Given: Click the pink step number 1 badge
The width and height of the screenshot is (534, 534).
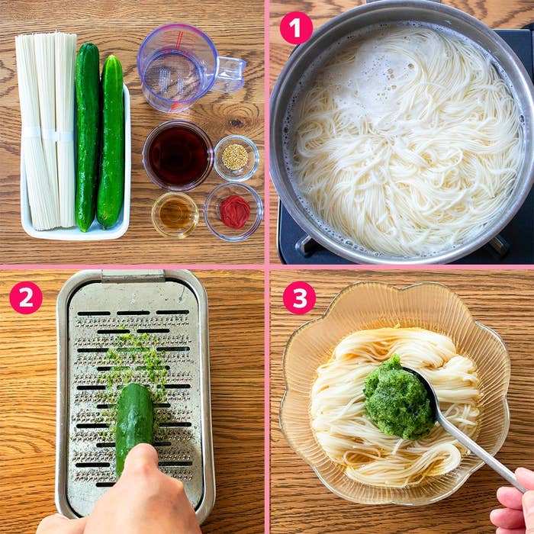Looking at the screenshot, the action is [296, 28].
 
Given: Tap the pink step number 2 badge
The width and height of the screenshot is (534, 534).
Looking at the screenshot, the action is [26, 298].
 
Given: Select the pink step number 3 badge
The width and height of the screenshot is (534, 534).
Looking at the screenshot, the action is [299, 298].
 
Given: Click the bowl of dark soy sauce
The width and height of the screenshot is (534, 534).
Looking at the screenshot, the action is [178, 156].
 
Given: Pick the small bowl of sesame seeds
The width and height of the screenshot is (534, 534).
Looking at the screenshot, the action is [236, 158].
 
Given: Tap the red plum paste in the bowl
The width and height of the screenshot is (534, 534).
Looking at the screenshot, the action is [235, 211].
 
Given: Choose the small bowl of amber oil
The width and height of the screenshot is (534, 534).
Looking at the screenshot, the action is [175, 215].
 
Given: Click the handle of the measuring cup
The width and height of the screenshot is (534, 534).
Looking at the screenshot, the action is [231, 73].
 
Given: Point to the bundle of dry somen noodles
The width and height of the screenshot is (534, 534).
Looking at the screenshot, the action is [47, 131].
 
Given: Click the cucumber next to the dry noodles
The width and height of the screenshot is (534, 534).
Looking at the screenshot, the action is [87, 136].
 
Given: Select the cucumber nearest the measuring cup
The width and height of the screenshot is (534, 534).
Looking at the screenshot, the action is [111, 141].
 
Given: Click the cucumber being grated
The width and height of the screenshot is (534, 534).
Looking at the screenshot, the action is [133, 426].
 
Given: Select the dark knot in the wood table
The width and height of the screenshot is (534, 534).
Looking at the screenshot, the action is [236, 122].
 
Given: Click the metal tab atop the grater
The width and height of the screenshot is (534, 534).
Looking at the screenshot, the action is [133, 276].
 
